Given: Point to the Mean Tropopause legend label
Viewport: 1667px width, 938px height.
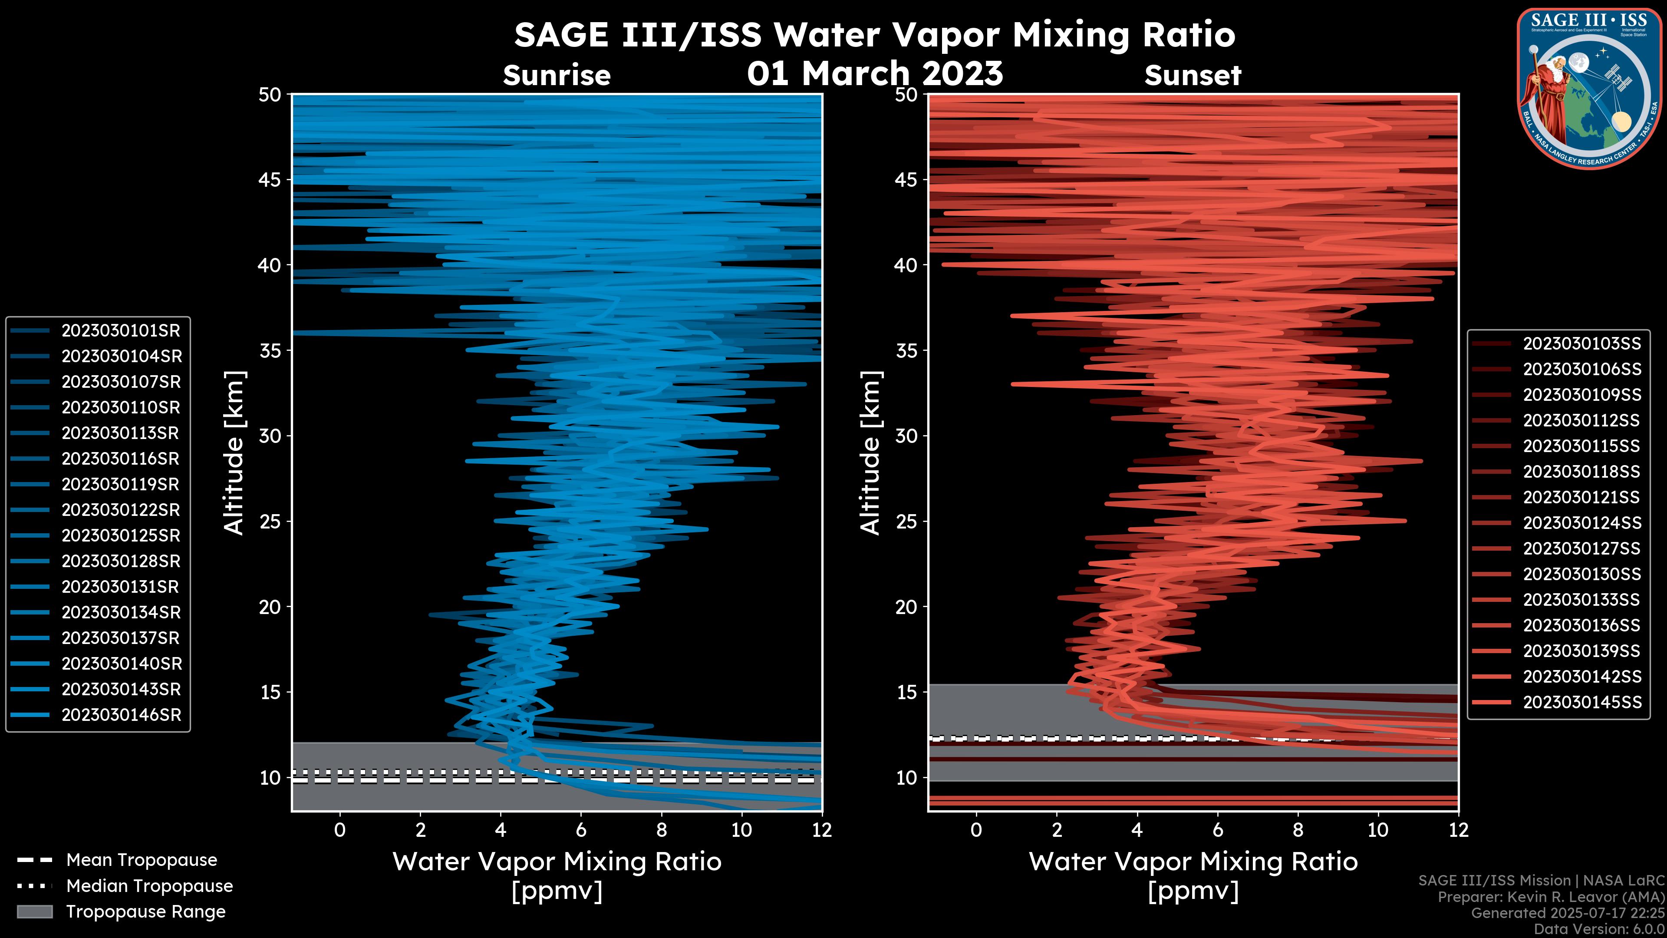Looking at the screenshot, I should tap(142, 860).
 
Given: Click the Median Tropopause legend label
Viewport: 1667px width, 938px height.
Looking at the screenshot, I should tap(149, 886).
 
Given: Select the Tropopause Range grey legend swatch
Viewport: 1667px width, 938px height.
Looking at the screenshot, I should tap(34, 912).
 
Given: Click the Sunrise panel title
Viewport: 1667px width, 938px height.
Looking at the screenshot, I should tap(557, 76).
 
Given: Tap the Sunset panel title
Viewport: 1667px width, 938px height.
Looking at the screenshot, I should tap(1193, 76).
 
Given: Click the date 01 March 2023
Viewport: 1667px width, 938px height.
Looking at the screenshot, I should tap(875, 73).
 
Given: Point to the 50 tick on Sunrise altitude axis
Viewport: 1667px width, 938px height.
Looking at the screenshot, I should tap(270, 95).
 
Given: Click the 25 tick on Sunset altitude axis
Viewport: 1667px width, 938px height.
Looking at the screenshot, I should tap(906, 522).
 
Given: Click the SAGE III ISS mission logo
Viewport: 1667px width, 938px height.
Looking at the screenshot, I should tap(1589, 88).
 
